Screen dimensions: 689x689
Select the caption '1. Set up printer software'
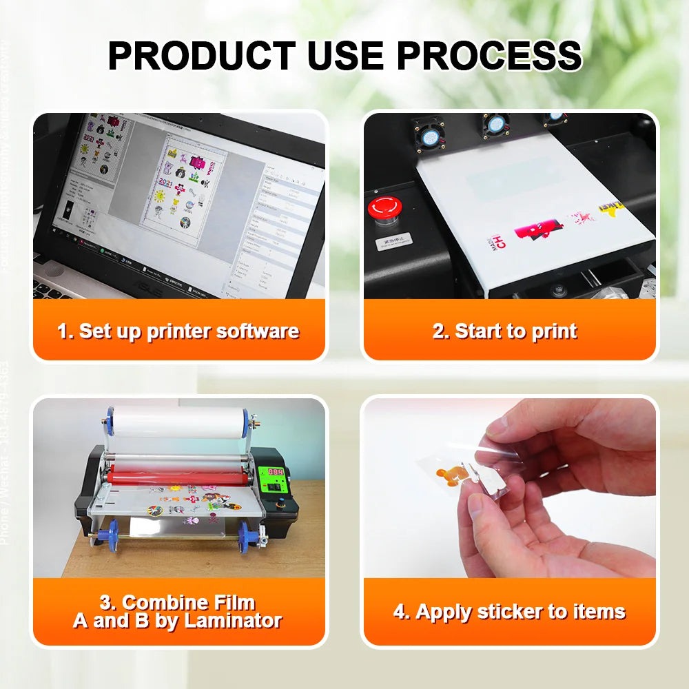pos(178,331)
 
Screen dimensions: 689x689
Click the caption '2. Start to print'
pos(504,331)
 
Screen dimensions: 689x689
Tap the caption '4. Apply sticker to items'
pos(510,611)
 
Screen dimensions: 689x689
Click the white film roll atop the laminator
pos(180,422)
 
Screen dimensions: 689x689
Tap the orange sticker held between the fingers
pos(451,475)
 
